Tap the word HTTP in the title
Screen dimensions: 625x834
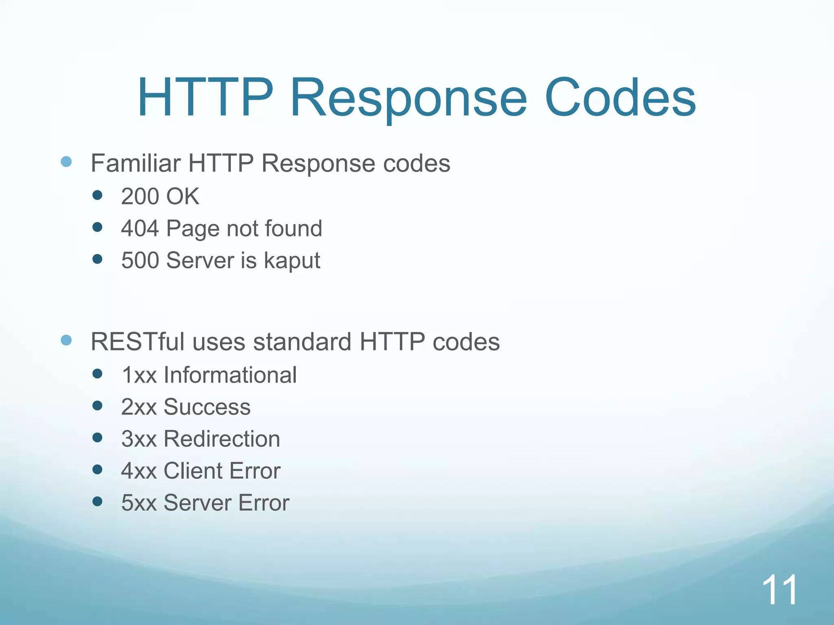pyautogui.click(x=205, y=98)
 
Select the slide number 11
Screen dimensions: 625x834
pyautogui.click(x=779, y=590)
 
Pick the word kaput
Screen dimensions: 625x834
pyautogui.click(x=292, y=261)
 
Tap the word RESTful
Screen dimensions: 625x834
pyautogui.click(x=138, y=342)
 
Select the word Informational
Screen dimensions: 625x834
pyautogui.click(x=230, y=375)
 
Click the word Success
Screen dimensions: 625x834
pyautogui.click(x=207, y=407)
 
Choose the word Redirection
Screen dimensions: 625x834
pyautogui.click(x=222, y=439)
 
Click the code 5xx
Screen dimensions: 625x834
pyautogui.click(x=139, y=503)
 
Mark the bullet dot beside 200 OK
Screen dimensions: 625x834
pyautogui.click(x=97, y=195)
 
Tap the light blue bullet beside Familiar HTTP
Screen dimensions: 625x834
pyautogui.click(x=66, y=162)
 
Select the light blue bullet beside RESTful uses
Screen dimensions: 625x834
pyautogui.click(x=66, y=340)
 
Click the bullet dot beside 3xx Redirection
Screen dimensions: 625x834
pyautogui.click(x=97, y=438)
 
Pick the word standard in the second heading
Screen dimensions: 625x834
pyautogui.click(x=302, y=342)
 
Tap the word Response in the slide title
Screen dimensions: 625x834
pyautogui.click(x=408, y=98)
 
